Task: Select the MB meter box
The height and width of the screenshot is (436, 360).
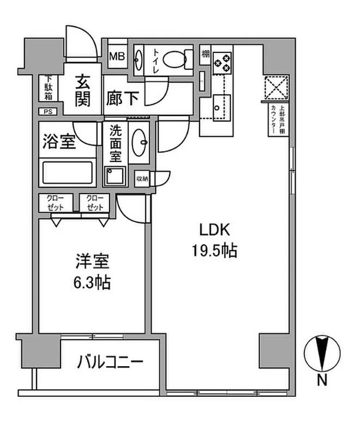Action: click(116, 56)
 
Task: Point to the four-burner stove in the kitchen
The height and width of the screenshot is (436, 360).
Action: click(222, 62)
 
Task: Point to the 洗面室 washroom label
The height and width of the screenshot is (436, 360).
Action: click(116, 143)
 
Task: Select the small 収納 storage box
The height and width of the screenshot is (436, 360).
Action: click(142, 178)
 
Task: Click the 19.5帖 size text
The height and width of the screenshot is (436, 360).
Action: click(213, 251)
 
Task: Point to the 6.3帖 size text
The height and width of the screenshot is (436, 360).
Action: click(91, 283)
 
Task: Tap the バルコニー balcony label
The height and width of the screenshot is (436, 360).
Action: click(110, 361)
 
